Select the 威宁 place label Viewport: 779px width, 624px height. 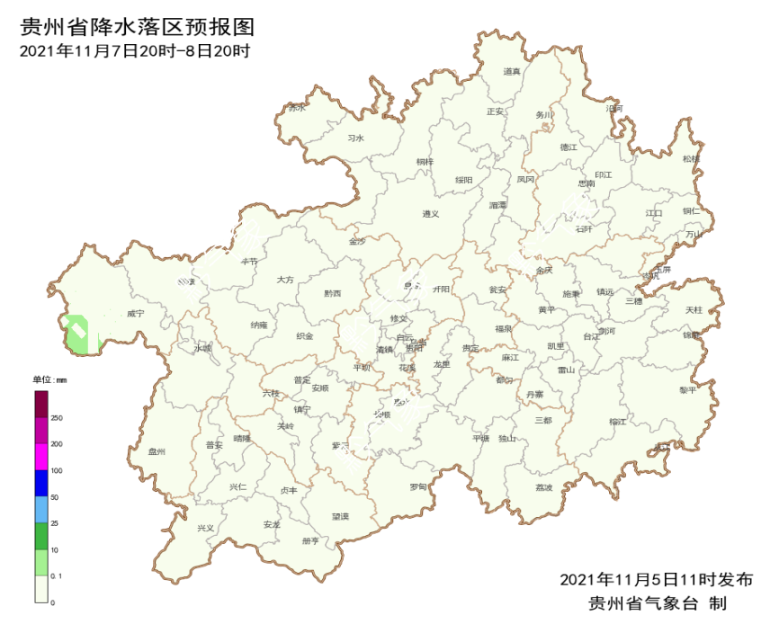pyautogui.click(x=135, y=314)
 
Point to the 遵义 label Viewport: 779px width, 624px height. pyautogui.click(x=431, y=214)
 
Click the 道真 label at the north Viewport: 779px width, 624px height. pyautogui.click(x=512, y=72)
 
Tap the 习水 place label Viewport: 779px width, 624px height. pyautogui.click(x=355, y=138)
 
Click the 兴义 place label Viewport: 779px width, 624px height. pyautogui.click(x=206, y=528)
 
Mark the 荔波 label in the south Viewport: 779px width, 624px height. pyautogui.click(x=543, y=487)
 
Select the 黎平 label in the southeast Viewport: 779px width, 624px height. pyautogui.click(x=688, y=390)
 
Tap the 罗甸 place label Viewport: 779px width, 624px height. pyautogui.click(x=418, y=486)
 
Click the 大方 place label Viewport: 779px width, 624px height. pyautogui.click(x=285, y=281)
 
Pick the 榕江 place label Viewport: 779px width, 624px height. pyautogui.click(x=617, y=421)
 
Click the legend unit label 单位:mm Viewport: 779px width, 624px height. pyautogui.click(x=50, y=380)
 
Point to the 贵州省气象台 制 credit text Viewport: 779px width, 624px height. pyautogui.click(x=656, y=602)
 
